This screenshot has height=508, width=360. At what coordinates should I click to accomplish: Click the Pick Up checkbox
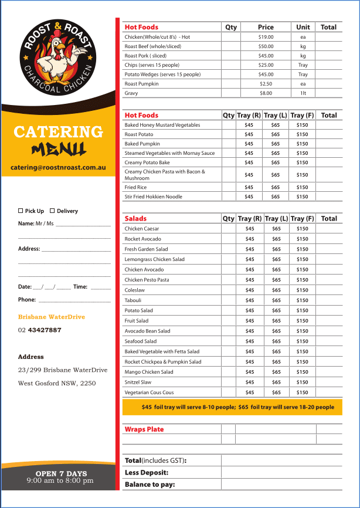[21, 211]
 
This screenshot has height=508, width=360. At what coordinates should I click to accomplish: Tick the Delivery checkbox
[52, 211]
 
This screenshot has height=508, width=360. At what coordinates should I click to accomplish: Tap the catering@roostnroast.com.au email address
[58, 167]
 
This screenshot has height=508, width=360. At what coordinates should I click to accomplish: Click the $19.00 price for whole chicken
[266, 37]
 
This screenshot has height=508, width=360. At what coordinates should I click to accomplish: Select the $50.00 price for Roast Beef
[266, 46]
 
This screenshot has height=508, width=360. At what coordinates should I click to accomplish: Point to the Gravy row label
[131, 93]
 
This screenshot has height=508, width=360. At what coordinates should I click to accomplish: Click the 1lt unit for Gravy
[303, 93]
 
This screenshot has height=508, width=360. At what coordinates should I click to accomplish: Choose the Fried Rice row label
[135, 187]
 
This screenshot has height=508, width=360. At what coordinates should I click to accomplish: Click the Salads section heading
[136, 219]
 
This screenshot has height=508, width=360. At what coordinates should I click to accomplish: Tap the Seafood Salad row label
[141, 341]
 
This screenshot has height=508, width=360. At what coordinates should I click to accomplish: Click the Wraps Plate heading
[144, 429]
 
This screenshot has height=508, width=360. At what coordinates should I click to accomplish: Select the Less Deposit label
[147, 472]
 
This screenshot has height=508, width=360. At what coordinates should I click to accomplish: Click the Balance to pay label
[150, 485]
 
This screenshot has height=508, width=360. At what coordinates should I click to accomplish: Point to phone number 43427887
[45, 330]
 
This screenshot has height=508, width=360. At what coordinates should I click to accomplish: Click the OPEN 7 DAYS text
[61, 473]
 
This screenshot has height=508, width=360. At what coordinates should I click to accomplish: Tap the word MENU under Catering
[59, 149]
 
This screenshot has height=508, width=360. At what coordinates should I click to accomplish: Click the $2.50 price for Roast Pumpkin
[266, 84]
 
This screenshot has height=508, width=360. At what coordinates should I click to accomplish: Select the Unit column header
[303, 27]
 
